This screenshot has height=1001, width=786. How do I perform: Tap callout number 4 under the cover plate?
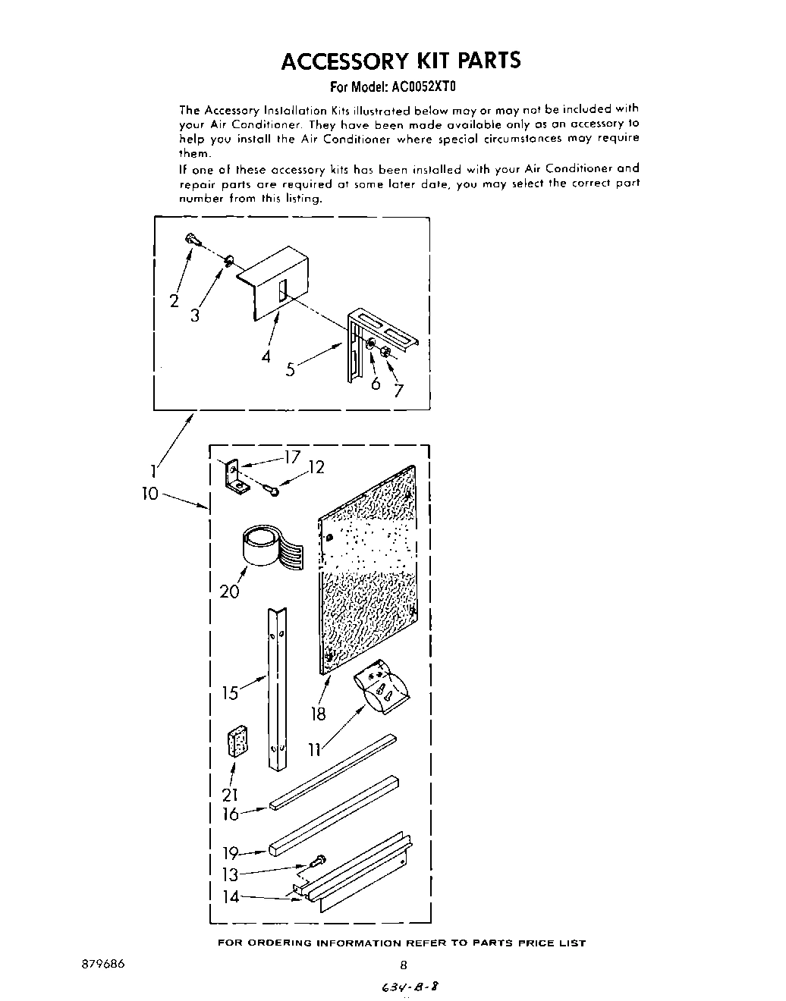pyautogui.click(x=266, y=356)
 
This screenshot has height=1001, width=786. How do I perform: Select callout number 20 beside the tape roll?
pyautogui.click(x=230, y=591)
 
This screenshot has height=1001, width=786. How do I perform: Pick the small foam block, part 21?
pyautogui.click(x=238, y=741)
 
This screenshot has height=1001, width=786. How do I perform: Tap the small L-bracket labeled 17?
pyautogui.click(x=233, y=478)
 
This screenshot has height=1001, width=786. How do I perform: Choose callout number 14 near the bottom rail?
pyautogui.click(x=231, y=896)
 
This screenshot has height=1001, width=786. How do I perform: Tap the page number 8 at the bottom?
pyautogui.click(x=404, y=965)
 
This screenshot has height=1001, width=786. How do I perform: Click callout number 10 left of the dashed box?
pyautogui.click(x=151, y=494)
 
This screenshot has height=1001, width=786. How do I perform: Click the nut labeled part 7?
pyautogui.click(x=386, y=352)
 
